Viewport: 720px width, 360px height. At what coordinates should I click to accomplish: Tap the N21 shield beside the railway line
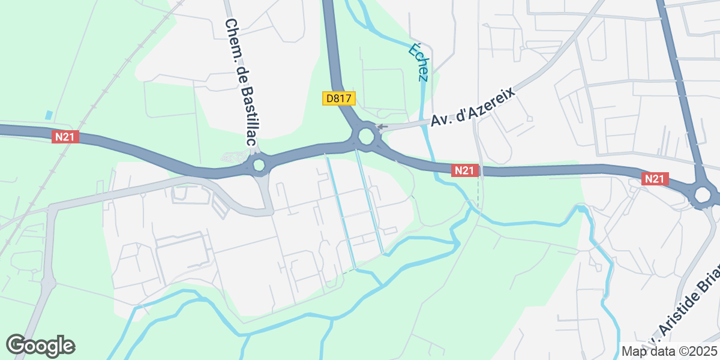(64, 137)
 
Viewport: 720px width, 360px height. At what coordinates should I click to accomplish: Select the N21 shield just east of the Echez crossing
(464, 171)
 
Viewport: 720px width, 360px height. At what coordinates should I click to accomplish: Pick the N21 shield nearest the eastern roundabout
(655, 179)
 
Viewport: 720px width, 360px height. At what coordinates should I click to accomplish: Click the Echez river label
(419, 61)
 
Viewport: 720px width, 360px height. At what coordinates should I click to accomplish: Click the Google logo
(40, 346)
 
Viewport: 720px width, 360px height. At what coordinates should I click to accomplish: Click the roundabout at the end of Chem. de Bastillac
(259, 164)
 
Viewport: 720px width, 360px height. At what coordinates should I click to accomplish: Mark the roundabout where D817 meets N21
(366, 137)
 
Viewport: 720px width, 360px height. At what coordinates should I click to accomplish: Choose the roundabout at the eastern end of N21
(703, 194)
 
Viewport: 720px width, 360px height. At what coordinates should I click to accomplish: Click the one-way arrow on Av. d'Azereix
(381, 127)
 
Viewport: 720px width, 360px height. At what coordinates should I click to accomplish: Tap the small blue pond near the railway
(49, 115)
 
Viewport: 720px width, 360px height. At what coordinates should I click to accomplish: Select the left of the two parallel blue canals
(340, 210)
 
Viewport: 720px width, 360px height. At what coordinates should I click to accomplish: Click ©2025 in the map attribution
(698, 351)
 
